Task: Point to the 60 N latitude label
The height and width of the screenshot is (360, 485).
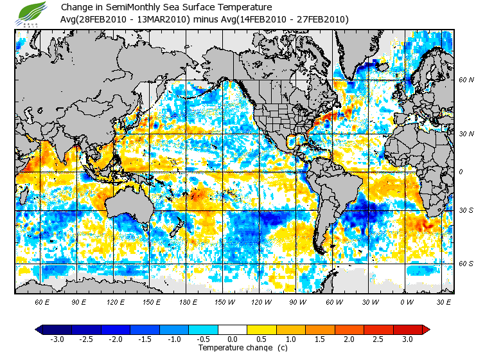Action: point(466,80)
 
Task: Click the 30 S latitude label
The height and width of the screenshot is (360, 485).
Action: point(466,211)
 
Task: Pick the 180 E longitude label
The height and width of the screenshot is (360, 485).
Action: point(188,301)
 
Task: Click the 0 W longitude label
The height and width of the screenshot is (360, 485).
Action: point(406,301)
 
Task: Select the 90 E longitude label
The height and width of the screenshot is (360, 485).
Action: point(79,301)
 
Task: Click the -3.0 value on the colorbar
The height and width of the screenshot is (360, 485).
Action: point(57,339)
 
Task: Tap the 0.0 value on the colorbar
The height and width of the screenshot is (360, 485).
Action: point(233,339)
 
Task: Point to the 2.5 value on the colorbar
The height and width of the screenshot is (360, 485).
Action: point(378,339)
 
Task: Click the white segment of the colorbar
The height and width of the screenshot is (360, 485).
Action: point(233,329)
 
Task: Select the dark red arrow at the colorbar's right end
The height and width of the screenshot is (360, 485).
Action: point(425,329)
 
